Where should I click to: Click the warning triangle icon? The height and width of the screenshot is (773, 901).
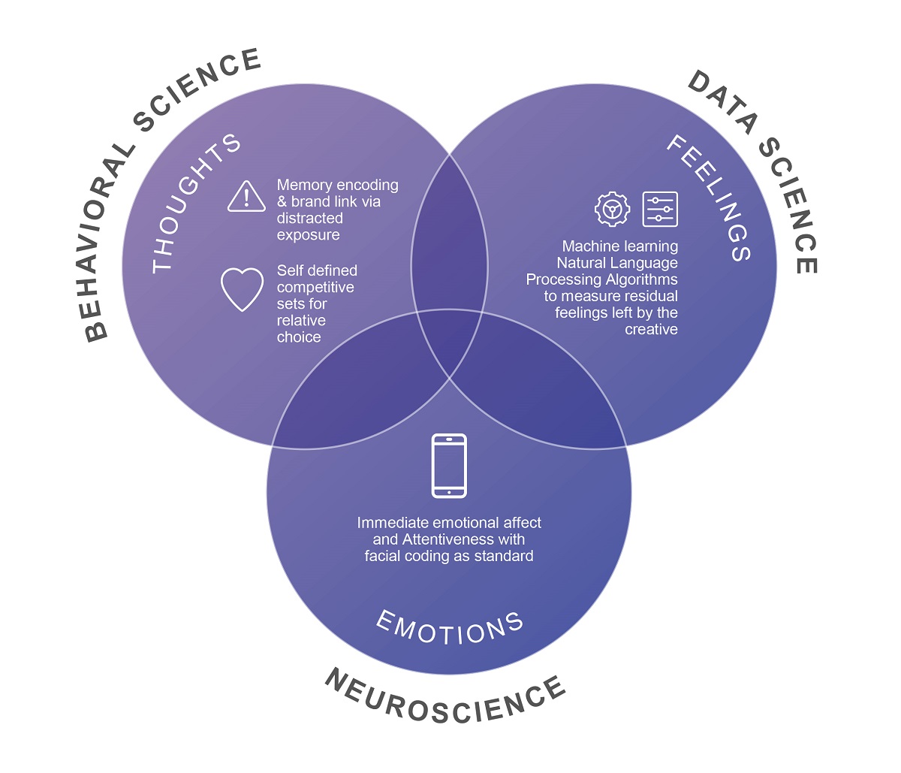[x=246, y=197]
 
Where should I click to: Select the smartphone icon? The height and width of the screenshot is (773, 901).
[x=449, y=466]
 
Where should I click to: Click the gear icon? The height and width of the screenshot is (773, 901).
[x=613, y=209]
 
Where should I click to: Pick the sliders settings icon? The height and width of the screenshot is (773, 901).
[x=660, y=209]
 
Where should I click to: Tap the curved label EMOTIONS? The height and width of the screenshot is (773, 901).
[x=449, y=628]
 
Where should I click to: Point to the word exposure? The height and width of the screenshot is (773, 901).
[x=308, y=235]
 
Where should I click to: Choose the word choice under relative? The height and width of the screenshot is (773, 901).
[x=299, y=337]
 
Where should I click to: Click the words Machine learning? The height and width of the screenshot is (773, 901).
[x=619, y=246]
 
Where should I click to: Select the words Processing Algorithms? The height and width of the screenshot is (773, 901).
[x=601, y=279]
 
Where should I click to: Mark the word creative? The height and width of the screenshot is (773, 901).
[x=651, y=329]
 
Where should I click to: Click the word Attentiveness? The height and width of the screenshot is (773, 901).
[x=463, y=539]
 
